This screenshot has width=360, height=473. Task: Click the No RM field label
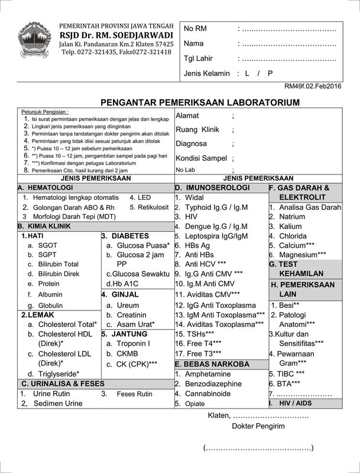coord(196,29)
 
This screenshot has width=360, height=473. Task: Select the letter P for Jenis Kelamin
coord(270,73)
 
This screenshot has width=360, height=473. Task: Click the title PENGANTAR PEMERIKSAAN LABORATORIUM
coord(200,102)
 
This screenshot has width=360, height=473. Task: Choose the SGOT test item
coord(48,245)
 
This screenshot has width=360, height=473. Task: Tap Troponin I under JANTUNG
coord(133,343)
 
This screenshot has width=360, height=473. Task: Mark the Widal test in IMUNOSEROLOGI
coord(194,197)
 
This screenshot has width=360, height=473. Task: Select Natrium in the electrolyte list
coord(292,216)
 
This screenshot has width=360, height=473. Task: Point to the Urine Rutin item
coord(52,393)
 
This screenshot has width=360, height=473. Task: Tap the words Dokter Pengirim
coord(258,426)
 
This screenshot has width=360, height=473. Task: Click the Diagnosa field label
coord(191,144)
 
